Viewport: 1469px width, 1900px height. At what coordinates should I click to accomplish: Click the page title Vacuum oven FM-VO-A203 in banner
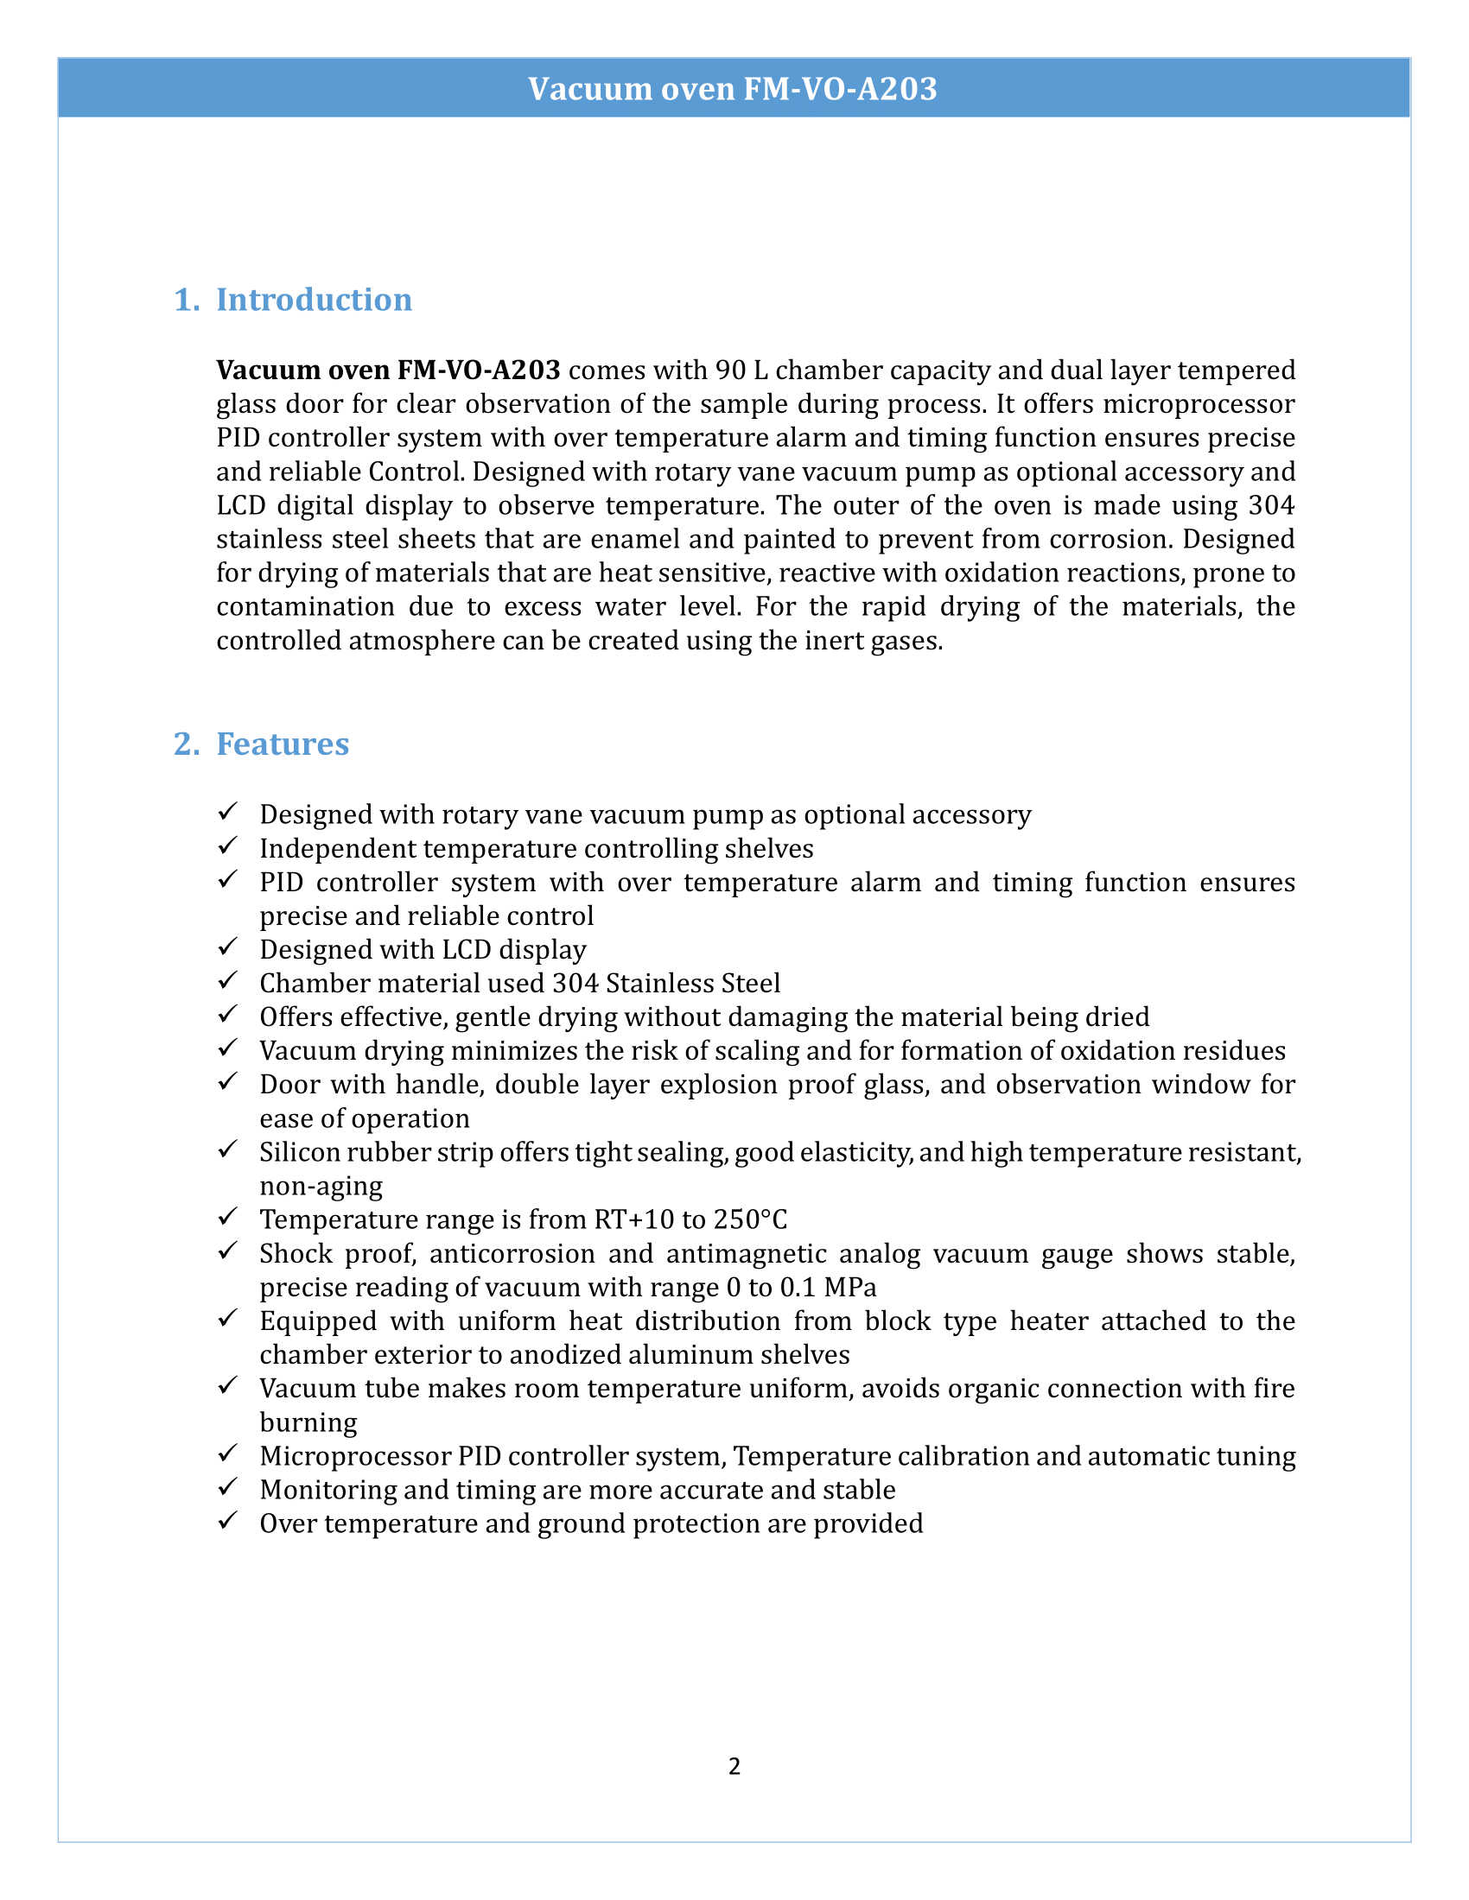coord(733,89)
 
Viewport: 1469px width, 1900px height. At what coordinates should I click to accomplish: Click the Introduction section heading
coord(314,300)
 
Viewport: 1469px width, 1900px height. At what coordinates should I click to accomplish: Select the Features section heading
coord(282,744)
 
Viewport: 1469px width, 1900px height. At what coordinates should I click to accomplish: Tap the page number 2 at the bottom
coord(734,1766)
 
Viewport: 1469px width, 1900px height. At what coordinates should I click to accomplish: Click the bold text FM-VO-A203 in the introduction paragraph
coord(479,370)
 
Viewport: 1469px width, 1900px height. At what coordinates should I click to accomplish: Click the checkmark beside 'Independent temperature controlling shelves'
coord(228,845)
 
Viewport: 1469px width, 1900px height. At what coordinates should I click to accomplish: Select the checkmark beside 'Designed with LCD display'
coord(228,947)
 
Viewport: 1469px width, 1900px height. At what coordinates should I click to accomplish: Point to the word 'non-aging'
coord(321,1187)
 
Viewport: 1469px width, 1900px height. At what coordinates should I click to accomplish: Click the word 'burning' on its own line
coord(308,1422)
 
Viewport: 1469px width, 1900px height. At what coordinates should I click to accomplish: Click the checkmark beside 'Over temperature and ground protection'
coord(228,1521)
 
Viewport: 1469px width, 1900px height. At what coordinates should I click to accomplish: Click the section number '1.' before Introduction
coord(187,300)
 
